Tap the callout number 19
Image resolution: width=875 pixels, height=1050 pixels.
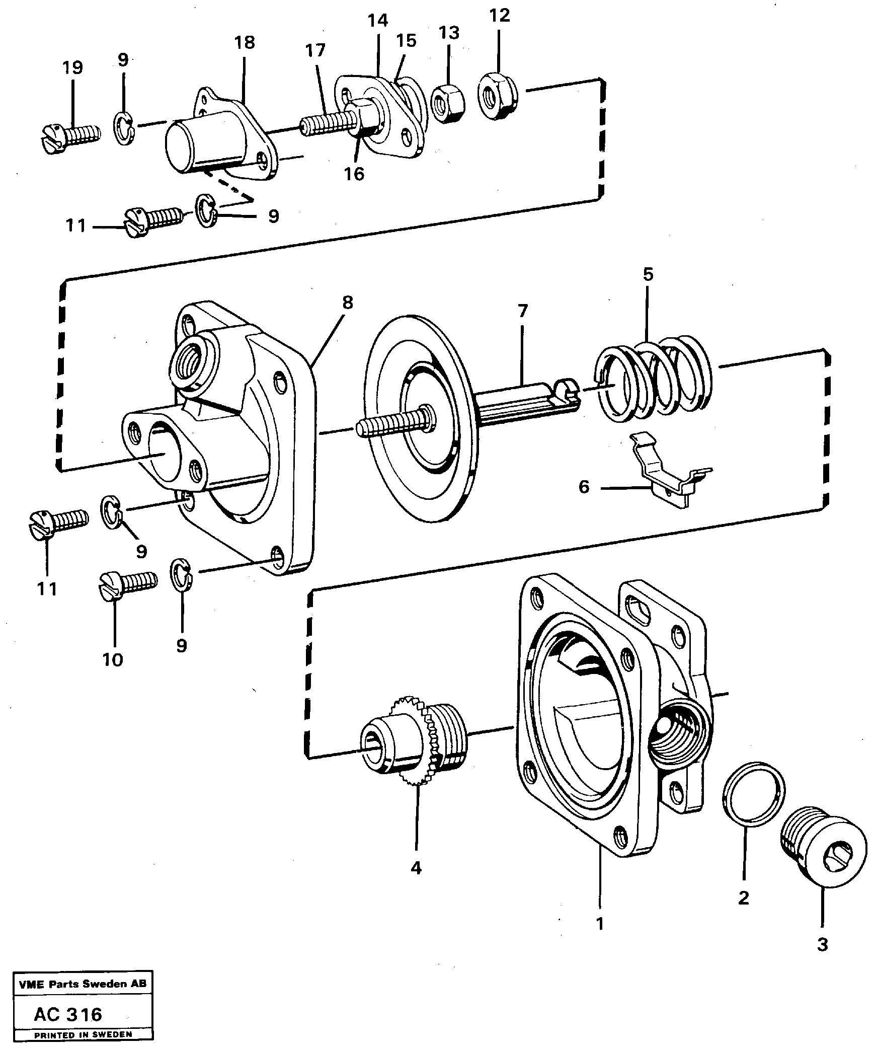point(72,67)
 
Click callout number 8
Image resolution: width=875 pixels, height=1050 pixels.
point(347,303)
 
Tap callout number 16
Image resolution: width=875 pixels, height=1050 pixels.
point(354,174)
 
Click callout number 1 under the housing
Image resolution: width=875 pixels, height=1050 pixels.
point(599,924)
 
